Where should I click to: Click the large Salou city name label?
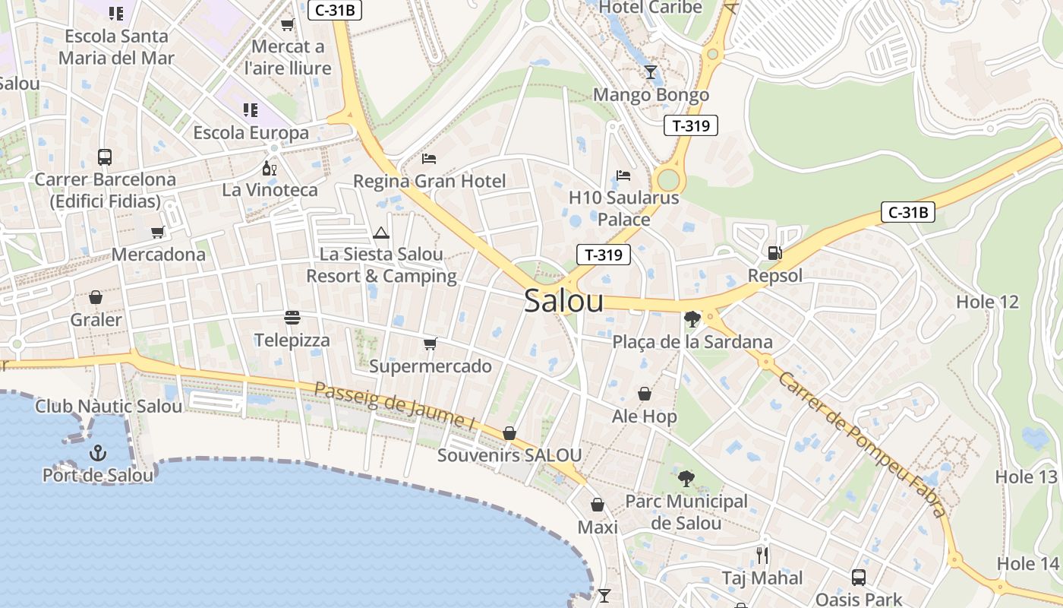(563, 301)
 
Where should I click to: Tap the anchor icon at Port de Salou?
(98, 454)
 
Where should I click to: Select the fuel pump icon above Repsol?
(774, 253)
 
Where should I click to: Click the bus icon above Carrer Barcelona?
(105, 157)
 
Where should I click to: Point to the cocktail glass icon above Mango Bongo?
(650, 72)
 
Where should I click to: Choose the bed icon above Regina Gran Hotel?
(429, 159)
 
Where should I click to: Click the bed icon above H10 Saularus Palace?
(623, 176)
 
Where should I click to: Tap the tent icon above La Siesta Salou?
(381, 233)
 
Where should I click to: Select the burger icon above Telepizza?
(292, 317)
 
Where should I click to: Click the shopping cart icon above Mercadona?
(158, 232)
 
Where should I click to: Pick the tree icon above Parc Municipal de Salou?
(686, 479)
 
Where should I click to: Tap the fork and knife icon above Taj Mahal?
(762, 555)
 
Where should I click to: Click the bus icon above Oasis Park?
(858, 577)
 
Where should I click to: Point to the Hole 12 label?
(986, 302)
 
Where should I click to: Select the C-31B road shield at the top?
(334, 10)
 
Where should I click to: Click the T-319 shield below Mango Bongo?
(690, 125)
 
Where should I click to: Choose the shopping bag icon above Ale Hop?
(644, 394)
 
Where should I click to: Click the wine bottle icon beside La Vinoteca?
(269, 168)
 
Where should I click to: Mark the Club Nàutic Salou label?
(109, 406)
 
